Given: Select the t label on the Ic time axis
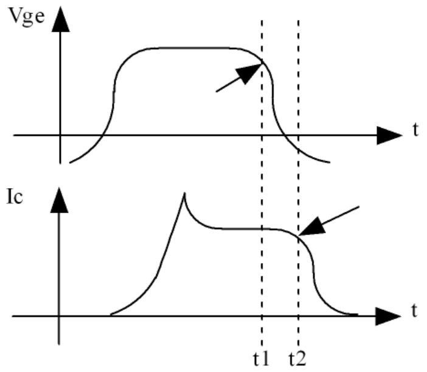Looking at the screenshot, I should coord(413,311).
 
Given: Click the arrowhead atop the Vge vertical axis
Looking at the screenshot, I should coord(60,19).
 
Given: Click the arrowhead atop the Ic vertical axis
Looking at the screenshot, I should coord(59,198).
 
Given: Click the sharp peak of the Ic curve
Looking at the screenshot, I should coord(184,194).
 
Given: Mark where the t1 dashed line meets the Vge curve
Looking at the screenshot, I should coord(262,61).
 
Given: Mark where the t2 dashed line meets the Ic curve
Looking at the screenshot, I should coord(299,236).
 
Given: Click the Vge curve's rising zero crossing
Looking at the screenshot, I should coord(103,135).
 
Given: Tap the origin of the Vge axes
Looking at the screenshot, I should coord(60,135).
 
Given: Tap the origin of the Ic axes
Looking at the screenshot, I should coord(59,316).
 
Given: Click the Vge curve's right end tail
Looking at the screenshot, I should coord(328,162).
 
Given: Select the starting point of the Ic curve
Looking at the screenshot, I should coord(111,315).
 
